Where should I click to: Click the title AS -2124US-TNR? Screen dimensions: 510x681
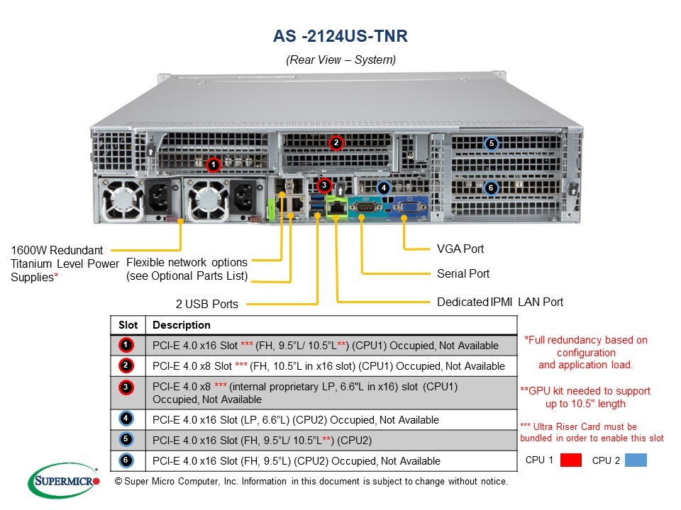pos(340,35)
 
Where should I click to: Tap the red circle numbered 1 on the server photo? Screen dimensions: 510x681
pos(212,165)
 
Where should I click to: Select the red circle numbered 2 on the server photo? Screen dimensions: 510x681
pos(336,142)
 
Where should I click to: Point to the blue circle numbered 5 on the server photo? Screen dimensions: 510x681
pos(491,144)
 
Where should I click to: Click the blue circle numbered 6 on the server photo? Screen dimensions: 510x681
pos(490,188)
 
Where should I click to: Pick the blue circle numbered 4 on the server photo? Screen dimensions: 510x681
pos(383,188)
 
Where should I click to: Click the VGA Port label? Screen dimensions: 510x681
pos(460,249)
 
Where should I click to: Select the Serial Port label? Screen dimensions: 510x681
pos(463,273)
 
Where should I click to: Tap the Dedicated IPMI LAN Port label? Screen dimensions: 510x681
pos(500,302)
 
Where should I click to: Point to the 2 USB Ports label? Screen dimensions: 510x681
pos(207,304)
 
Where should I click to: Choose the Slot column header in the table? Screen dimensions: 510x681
pos(128,325)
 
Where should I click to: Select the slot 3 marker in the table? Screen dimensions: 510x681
pos(126,387)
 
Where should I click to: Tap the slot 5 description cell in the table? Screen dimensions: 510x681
pos(332,440)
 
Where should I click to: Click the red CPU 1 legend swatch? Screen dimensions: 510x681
pos(570,460)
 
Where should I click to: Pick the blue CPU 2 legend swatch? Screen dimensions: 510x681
pos(636,460)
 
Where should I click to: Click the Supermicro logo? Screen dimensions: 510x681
pos(64,480)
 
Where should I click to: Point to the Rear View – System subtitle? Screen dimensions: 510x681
pos(340,60)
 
